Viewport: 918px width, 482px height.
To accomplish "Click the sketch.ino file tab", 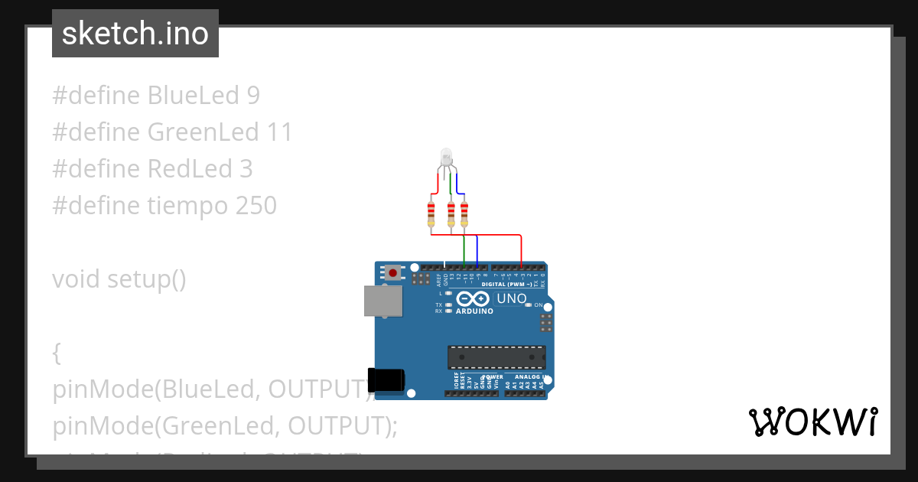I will click(135, 34).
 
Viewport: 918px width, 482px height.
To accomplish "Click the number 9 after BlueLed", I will click(253, 96).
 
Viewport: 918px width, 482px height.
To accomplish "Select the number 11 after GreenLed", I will click(280, 132).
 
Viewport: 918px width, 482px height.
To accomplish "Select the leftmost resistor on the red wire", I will click(431, 213).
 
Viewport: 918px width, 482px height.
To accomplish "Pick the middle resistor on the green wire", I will click(451, 213).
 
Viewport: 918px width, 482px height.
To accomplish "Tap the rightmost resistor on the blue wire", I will click(464, 213).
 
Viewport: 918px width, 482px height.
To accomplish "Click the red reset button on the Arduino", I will click(393, 272).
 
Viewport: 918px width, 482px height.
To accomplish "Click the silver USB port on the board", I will click(382, 301).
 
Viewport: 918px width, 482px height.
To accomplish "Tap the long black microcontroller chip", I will click(496, 357).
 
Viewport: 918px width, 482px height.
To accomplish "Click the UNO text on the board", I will click(512, 298).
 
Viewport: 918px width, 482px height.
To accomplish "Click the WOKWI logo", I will click(812, 422).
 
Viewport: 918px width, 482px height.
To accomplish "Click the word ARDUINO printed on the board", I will click(474, 311).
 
